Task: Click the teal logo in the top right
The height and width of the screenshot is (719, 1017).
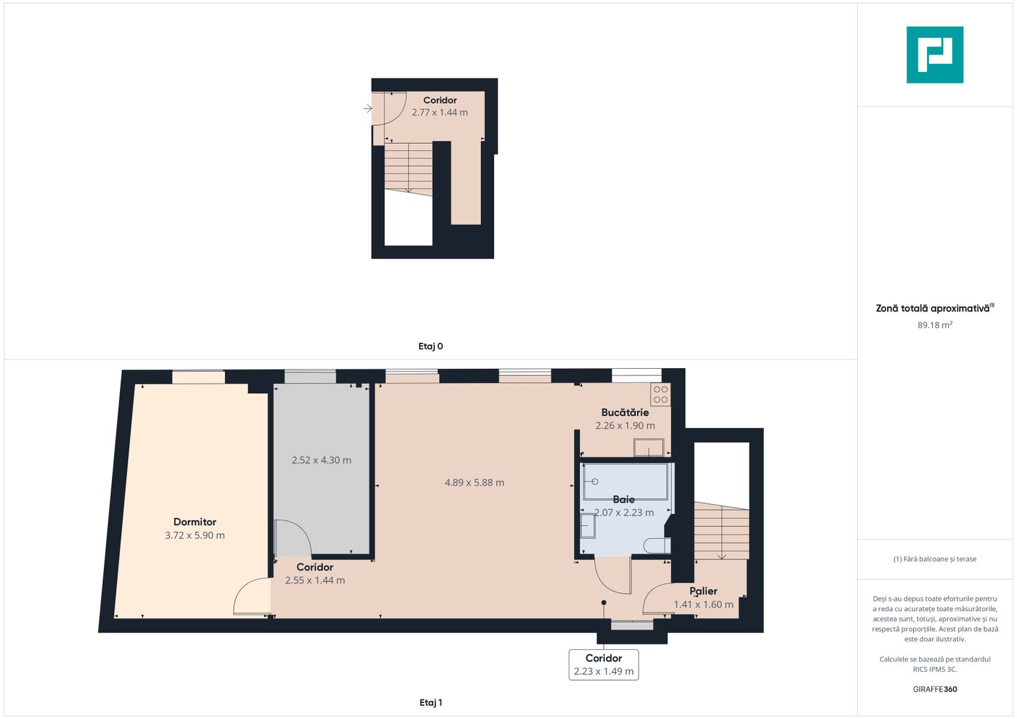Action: (934, 55)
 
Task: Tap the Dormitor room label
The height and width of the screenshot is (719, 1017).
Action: (194, 522)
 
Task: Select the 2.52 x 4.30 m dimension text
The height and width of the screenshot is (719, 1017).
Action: (321, 460)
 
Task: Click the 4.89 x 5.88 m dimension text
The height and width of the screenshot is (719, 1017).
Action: (474, 483)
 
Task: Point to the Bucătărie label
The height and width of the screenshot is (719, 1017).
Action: (625, 413)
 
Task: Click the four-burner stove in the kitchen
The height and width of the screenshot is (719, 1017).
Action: (661, 395)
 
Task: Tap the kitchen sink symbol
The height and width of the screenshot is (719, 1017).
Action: (648, 447)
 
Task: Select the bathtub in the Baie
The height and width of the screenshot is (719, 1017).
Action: (625, 481)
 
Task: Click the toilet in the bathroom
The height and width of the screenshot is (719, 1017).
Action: (657, 546)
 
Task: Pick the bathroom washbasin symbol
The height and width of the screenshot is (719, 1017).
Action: (587, 526)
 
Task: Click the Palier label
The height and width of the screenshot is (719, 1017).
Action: (703, 591)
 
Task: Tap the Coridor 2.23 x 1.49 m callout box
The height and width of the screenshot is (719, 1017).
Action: (603, 664)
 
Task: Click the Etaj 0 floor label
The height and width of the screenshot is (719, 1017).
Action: (430, 346)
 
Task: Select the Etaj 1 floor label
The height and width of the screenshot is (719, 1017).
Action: (430, 702)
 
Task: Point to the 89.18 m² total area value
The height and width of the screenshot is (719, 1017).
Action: (934, 326)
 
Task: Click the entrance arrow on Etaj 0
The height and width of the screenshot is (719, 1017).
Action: (368, 109)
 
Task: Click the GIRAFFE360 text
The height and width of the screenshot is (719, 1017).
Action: (934, 689)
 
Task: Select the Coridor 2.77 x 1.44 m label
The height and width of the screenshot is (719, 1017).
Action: (440, 107)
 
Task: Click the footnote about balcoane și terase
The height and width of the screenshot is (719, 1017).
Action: (934, 559)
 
